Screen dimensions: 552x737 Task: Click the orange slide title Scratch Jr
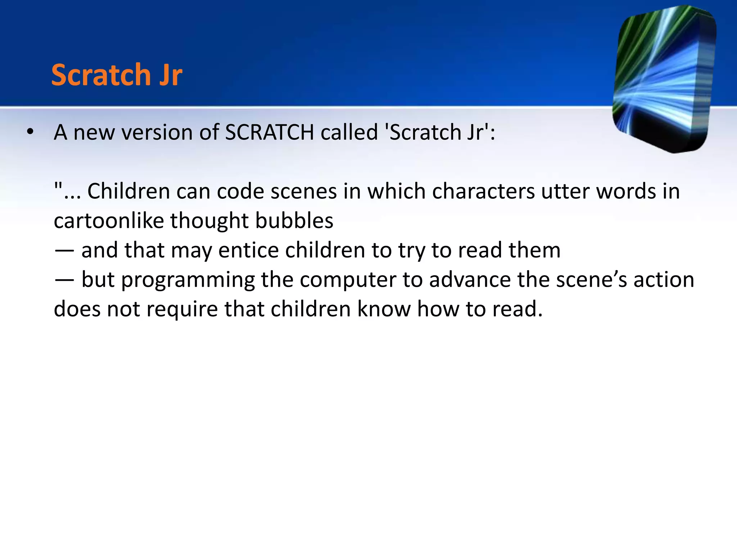[117, 75]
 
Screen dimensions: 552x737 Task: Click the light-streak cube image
[664, 79]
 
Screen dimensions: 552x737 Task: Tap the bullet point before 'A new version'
[30, 132]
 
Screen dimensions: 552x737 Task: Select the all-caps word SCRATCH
[270, 132]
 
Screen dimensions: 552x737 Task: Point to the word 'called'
[349, 132]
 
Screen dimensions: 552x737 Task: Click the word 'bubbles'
[294, 220]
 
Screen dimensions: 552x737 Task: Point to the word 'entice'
[248, 250]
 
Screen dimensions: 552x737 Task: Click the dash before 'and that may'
[64, 250]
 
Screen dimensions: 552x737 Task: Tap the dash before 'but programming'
[64, 280]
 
